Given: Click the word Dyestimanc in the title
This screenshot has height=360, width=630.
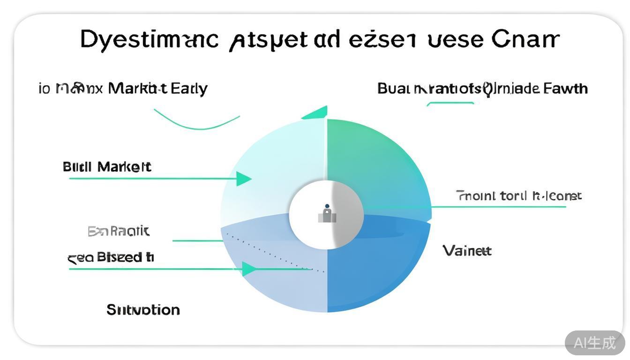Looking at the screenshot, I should tap(149, 40).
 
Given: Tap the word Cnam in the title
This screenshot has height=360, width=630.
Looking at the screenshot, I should tap(525, 39).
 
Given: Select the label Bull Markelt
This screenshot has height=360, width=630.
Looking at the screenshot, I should tap(107, 167).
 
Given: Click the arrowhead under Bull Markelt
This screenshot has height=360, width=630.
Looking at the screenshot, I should tap(244, 179).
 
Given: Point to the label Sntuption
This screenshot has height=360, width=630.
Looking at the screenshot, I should tap(143, 310).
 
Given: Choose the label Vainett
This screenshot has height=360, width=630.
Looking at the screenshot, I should tap(467, 251).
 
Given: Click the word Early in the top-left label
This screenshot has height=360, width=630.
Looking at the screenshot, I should tap(189, 88).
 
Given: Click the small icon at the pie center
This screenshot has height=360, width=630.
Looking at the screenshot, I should tap(327, 214).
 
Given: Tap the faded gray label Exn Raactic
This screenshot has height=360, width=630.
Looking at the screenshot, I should tap(119, 231).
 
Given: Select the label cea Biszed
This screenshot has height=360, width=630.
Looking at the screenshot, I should tap(111, 257).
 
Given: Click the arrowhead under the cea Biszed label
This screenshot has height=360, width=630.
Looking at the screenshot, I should tap(249, 269).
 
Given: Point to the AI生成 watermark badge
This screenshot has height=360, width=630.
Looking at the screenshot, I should tap(594, 343).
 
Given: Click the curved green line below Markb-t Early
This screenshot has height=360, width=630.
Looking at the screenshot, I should tap(197, 125).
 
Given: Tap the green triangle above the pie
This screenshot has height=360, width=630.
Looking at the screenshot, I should tap(316, 113).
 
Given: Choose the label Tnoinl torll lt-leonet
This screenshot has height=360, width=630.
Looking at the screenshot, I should tap(518, 195).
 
